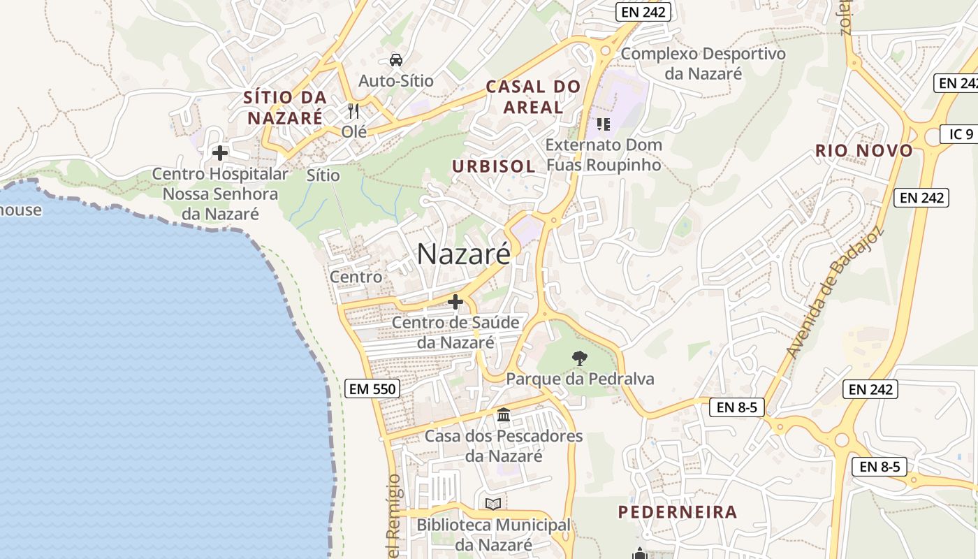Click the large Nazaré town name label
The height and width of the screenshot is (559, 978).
click(463, 254)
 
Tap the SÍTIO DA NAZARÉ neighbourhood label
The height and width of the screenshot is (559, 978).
click(285, 108)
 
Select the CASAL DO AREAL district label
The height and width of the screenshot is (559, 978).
click(533, 97)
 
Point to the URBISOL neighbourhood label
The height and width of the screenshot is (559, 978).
click(493, 166)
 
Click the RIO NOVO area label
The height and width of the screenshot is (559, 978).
click(864, 150)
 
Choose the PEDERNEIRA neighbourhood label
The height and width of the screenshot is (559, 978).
click(678, 512)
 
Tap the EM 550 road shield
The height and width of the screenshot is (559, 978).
click(373, 389)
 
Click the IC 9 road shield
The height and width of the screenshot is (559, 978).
click(961, 134)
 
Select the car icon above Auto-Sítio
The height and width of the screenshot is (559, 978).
click(396, 60)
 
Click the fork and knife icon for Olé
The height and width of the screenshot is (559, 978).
click(353, 111)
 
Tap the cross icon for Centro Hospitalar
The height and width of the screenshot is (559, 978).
click(220, 153)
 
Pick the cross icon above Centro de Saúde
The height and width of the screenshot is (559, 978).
click(455, 302)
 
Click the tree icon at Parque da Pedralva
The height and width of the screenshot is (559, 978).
click(579, 359)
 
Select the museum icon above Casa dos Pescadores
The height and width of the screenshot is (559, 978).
click(504, 416)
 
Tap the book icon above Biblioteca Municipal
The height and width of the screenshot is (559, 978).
click(493, 504)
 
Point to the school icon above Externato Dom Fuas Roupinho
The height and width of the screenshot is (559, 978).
click(604, 124)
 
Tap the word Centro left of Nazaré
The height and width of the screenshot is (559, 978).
click(356, 277)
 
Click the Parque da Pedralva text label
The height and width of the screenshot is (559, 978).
click(580, 379)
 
